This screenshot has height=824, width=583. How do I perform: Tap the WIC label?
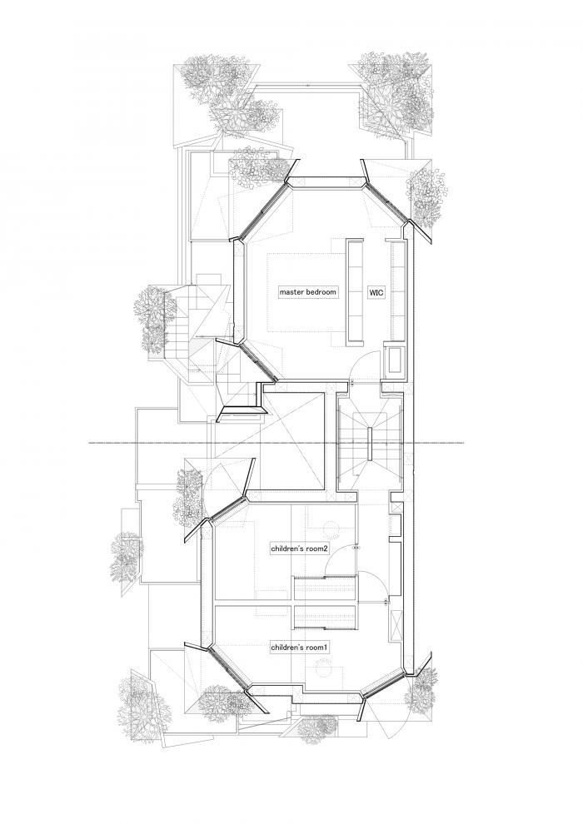[x=376, y=293]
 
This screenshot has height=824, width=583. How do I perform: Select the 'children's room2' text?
[x=299, y=549]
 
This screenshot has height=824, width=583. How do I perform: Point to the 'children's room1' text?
[x=299, y=646]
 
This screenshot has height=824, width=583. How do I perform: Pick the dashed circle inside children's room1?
[x=323, y=670]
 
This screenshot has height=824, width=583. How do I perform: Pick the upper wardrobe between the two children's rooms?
[x=324, y=586]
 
